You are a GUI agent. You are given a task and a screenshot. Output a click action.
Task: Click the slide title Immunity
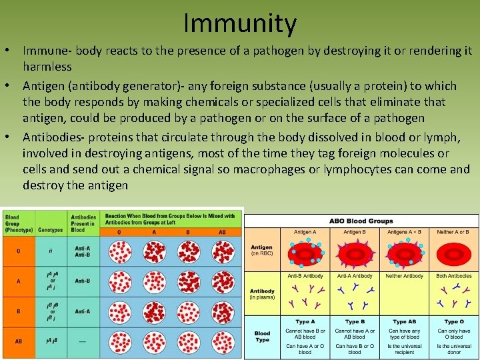240,24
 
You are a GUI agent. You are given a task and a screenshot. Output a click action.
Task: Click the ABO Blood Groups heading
361,221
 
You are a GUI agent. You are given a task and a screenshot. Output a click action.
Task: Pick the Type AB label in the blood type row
403,322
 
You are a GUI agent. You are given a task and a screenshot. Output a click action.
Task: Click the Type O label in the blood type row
453,322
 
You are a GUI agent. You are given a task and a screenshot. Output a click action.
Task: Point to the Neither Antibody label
403,276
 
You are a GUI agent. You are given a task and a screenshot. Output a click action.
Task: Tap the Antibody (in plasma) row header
263,294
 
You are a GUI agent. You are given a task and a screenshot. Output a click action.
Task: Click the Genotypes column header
51,229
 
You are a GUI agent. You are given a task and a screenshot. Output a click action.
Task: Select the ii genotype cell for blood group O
51,251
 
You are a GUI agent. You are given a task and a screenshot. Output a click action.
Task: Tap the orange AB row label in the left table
18,341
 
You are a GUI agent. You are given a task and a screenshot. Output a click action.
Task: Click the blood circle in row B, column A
155,311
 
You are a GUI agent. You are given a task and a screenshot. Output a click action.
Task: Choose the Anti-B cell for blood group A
83,281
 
